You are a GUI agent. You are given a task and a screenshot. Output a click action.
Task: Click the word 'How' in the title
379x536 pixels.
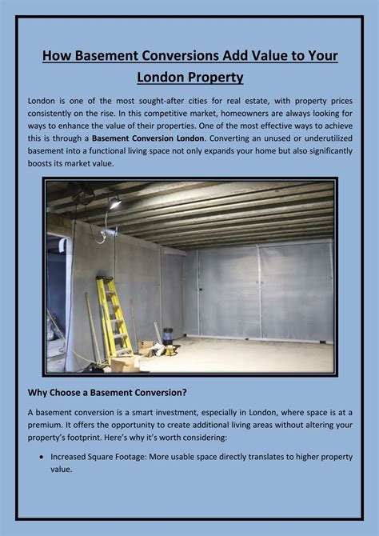click(57, 57)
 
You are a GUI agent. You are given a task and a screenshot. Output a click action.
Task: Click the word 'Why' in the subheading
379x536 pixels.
click(40, 392)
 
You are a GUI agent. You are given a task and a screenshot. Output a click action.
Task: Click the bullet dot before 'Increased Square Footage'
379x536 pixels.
click(41, 458)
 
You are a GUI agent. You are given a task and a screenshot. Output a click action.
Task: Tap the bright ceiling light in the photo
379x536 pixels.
click(114, 205)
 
